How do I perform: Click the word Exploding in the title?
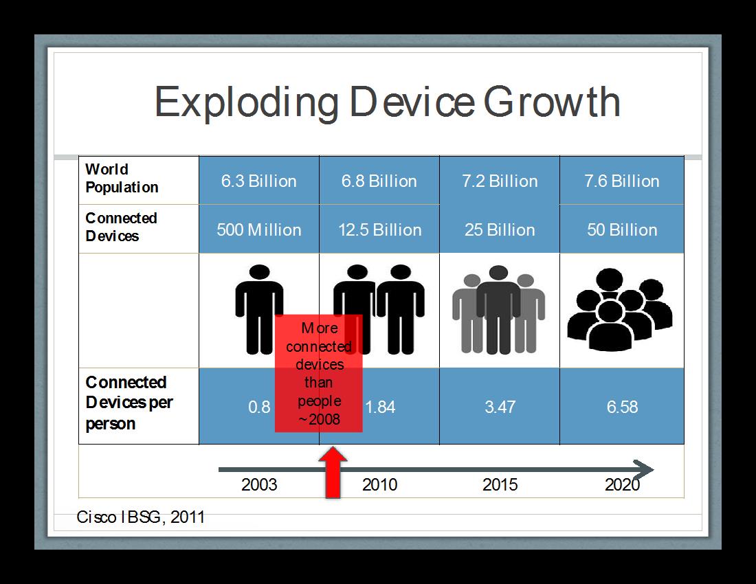click(247, 103)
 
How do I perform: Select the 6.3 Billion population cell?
click(259, 181)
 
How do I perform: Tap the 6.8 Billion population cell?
click(379, 181)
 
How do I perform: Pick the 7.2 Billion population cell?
click(500, 181)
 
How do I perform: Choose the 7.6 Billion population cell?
click(622, 181)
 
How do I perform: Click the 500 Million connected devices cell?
click(259, 229)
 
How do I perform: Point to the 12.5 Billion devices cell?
click(379, 229)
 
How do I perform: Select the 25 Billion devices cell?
click(500, 229)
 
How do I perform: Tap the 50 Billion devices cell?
click(622, 229)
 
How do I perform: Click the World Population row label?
click(122, 178)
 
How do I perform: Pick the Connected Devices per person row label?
click(129, 403)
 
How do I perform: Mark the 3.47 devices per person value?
click(500, 407)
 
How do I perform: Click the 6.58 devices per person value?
click(622, 407)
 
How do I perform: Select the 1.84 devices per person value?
click(381, 407)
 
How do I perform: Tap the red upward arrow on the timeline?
click(333, 472)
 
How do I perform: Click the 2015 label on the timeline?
click(500, 484)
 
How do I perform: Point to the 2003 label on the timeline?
click(259, 484)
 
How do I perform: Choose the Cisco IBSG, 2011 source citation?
click(141, 517)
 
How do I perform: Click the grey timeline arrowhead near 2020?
click(643, 469)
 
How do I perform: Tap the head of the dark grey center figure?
click(498, 273)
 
